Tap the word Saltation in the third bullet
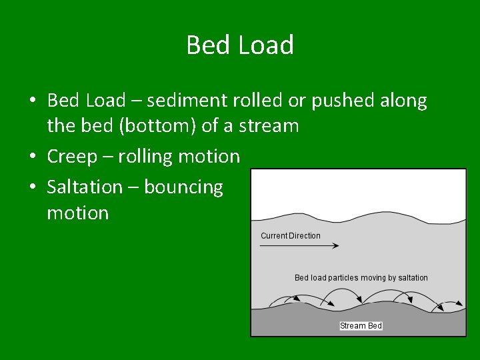[x=85, y=187]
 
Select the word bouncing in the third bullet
[x=183, y=187]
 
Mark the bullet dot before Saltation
[x=32, y=187]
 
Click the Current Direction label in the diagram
[x=290, y=235]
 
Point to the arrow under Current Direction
[x=299, y=246]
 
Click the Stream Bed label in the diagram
[x=361, y=326]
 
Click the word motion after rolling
[x=209, y=157]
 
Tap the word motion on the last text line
[x=77, y=213]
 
